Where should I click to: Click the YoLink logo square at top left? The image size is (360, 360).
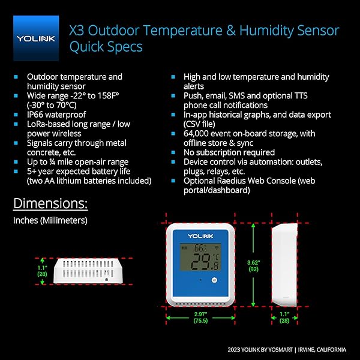[x=36, y=38]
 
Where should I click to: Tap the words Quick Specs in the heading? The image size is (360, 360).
[x=106, y=47]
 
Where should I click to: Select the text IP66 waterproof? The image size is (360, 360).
[x=56, y=115]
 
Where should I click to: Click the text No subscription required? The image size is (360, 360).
[x=229, y=152]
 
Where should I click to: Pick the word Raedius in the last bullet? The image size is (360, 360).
[x=231, y=181]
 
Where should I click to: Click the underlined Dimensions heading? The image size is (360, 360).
[x=50, y=203]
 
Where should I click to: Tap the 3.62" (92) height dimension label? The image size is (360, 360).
[x=253, y=266]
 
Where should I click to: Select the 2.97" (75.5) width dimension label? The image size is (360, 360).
[x=200, y=317]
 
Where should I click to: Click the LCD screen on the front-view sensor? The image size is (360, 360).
[x=200, y=257]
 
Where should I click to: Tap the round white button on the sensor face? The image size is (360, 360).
[x=214, y=280]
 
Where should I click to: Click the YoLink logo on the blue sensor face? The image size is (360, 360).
[x=200, y=236]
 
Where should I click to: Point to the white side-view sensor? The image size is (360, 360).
[x=284, y=265]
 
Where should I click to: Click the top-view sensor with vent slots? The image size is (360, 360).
[x=88, y=271]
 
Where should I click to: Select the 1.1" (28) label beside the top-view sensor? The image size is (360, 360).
[x=42, y=271]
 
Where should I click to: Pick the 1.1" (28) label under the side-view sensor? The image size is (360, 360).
[x=284, y=317]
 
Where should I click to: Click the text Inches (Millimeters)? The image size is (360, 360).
[x=50, y=220]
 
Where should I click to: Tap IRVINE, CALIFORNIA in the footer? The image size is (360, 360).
[x=322, y=350]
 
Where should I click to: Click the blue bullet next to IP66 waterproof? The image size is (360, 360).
[x=16, y=115]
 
